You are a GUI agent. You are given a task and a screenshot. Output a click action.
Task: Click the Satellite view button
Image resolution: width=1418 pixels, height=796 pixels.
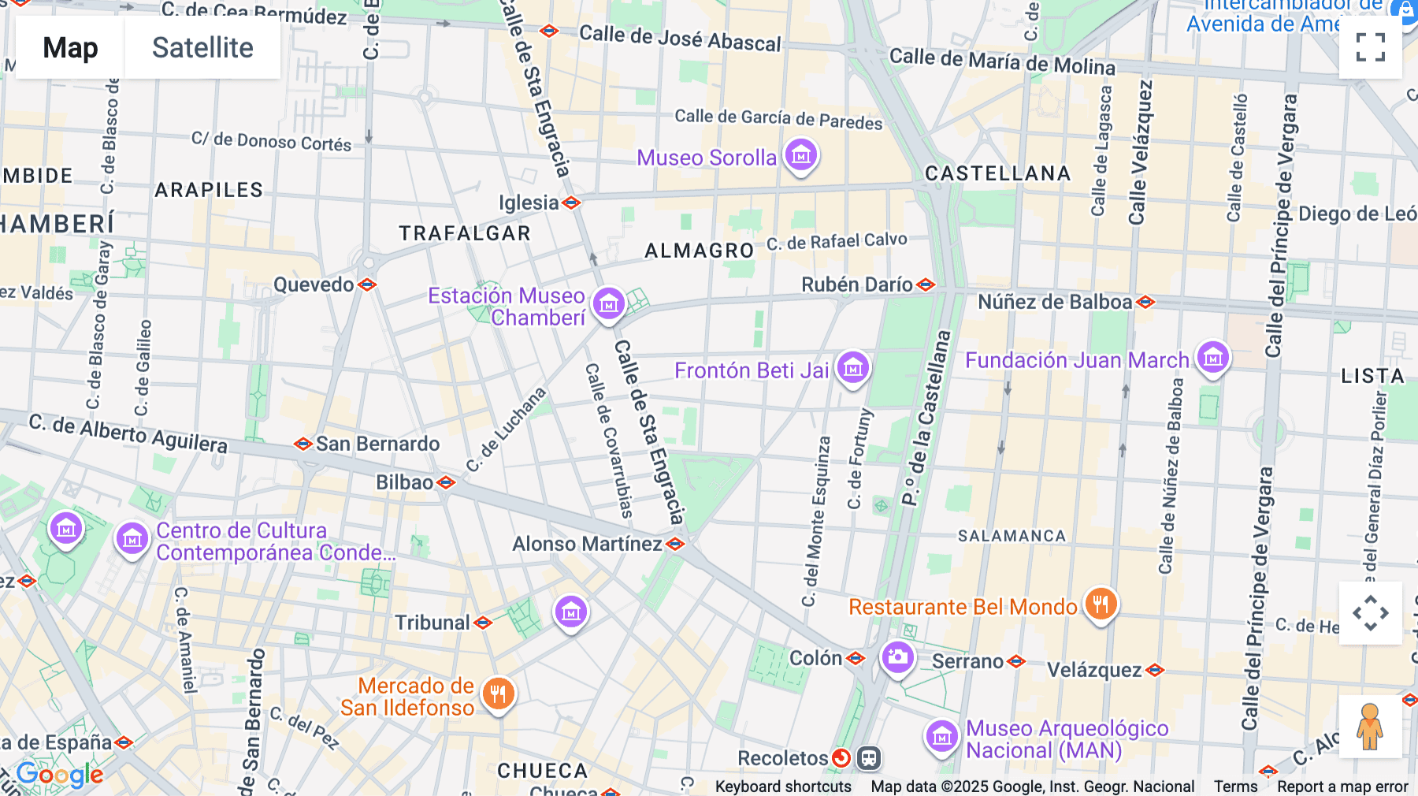[202, 48]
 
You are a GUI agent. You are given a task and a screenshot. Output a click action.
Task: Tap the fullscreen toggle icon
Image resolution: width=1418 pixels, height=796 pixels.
[1370, 47]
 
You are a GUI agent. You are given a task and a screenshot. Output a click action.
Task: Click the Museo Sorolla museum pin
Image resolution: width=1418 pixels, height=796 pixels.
[801, 156]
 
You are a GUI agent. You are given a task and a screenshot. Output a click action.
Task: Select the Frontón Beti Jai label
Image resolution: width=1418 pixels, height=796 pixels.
[752, 370]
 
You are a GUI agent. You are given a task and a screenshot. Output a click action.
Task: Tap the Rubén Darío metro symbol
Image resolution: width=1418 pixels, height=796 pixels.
[926, 285]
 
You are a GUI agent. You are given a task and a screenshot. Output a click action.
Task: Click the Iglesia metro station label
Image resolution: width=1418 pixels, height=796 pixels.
[529, 203]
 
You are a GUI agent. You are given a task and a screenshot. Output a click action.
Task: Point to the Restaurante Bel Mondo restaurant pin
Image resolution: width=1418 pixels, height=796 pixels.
[1101, 604]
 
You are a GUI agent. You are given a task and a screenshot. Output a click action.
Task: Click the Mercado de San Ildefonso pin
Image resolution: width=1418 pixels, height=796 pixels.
[498, 694]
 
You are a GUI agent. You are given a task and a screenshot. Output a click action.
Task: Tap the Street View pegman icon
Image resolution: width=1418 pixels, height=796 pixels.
[1370, 727]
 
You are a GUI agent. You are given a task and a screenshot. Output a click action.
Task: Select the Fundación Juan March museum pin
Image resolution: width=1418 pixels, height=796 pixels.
[1212, 358]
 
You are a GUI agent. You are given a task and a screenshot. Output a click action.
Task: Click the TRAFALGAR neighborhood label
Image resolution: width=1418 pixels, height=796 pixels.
[465, 233]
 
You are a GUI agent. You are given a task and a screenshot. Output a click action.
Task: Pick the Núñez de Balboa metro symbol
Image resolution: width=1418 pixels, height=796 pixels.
[1146, 302]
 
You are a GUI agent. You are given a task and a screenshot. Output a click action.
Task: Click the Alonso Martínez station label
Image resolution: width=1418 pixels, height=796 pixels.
[587, 544]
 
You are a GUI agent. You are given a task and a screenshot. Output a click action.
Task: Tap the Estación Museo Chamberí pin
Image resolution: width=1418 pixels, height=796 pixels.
[608, 303]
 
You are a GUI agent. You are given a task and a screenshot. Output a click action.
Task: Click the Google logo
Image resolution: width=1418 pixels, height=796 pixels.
[60, 776]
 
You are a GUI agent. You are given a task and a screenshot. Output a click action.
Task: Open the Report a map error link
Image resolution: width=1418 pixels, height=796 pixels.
[1342, 787]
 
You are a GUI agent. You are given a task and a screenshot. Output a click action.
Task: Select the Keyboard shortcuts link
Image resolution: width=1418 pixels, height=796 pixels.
[783, 787]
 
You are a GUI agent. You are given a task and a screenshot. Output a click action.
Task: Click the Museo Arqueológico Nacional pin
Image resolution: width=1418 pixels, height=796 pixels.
[941, 738]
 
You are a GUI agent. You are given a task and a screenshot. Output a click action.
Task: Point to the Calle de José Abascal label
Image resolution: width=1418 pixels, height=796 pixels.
[680, 38]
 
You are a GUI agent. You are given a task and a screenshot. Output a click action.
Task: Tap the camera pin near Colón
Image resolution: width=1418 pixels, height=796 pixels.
[897, 657]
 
